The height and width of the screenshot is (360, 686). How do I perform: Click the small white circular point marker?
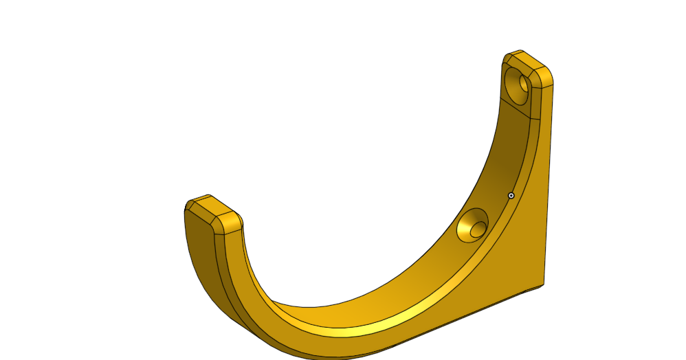point(511,196)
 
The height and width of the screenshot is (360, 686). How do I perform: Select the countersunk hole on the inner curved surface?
point(473,225)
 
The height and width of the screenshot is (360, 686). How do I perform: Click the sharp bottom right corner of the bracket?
point(544,284)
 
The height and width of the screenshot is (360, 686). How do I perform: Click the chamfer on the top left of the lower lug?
point(192,202)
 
